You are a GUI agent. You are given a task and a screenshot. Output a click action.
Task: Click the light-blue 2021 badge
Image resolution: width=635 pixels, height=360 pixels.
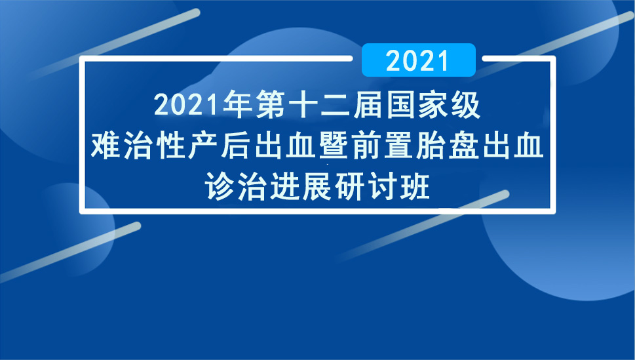[x=418, y=60]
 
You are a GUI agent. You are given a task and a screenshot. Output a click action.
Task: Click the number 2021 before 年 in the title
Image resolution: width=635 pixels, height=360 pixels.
[x=187, y=105]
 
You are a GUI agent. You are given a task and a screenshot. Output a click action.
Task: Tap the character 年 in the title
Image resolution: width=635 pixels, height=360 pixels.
[x=237, y=105]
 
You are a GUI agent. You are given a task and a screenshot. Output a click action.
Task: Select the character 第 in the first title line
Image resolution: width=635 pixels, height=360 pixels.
[x=270, y=105]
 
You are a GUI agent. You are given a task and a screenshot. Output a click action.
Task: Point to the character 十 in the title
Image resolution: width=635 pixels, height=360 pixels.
[x=303, y=105]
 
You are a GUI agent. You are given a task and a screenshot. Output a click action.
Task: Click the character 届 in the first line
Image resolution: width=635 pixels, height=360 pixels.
[x=368, y=105]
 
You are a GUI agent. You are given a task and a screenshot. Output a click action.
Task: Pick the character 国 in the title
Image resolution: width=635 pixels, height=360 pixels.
[x=401, y=105]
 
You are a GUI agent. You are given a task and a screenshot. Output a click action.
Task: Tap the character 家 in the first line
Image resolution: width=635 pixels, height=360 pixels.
[x=433, y=105]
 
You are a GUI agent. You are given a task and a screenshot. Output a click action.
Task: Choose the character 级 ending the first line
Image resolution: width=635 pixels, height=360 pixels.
[x=466, y=105]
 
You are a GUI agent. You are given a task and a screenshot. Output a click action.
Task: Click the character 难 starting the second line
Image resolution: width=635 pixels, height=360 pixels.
[x=106, y=145]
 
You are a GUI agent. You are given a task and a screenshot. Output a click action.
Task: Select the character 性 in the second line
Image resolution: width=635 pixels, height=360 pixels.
[x=170, y=145]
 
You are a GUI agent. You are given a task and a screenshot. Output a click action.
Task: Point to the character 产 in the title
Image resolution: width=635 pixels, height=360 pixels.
[x=203, y=145]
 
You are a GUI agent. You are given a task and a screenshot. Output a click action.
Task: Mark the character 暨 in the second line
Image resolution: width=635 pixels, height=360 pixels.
[x=334, y=145]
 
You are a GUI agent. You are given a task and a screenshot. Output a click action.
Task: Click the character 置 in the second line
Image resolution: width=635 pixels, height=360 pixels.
[x=399, y=145]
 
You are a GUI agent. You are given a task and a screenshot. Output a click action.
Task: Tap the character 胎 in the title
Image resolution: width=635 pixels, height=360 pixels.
[x=432, y=145]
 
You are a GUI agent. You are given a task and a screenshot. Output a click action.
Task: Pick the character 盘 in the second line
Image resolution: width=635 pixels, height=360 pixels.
[x=464, y=145]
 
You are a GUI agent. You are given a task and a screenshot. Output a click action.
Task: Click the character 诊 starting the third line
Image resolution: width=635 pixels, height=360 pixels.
[x=220, y=186]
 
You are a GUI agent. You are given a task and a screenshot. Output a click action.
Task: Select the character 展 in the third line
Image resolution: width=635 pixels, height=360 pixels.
[x=317, y=186]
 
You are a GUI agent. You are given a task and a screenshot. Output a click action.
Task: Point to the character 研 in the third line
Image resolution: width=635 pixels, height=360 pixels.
[x=351, y=186]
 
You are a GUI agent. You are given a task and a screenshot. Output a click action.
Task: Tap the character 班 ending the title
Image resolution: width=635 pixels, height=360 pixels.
[x=415, y=186]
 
